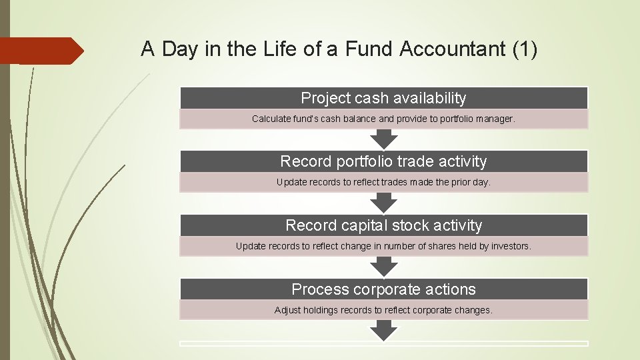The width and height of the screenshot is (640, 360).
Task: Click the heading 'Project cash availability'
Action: coord(383,98)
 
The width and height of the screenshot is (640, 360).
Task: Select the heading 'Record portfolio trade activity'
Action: coord(383,161)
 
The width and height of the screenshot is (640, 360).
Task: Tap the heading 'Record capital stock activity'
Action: coord(383,225)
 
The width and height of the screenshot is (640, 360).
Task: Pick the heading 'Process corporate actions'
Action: coord(383,289)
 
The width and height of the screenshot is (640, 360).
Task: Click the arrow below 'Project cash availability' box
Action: coord(384,139)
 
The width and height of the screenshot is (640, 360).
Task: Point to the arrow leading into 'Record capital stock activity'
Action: coord(384,203)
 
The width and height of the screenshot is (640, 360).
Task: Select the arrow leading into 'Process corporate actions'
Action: coord(384,267)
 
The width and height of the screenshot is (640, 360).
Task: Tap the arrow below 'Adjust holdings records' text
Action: coord(384,330)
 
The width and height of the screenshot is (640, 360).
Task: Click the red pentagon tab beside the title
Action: coord(40,51)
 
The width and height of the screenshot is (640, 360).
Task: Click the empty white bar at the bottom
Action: coord(383,343)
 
